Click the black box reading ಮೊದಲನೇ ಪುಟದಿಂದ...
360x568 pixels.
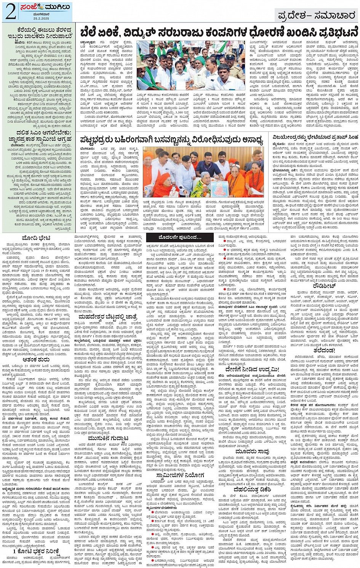point(175,237)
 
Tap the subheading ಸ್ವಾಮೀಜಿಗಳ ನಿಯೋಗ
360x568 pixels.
point(180,475)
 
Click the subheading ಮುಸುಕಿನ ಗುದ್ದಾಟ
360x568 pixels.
point(108,438)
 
